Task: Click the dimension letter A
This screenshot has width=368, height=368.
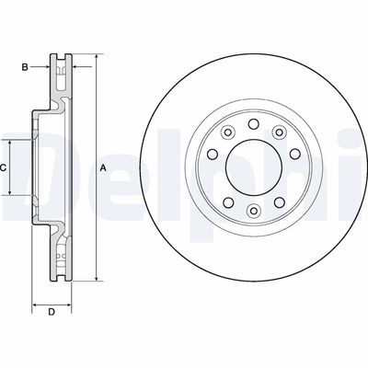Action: (x=103, y=167)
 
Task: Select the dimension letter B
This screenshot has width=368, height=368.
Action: (x=28, y=65)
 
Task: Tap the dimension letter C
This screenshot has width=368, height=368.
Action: (x=4, y=167)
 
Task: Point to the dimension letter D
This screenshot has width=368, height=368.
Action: (x=52, y=313)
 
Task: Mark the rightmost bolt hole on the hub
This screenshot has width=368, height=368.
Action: (x=293, y=168)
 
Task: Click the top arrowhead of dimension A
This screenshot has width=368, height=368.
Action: (x=93, y=58)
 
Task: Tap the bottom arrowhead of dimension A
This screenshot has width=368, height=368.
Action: (x=93, y=279)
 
